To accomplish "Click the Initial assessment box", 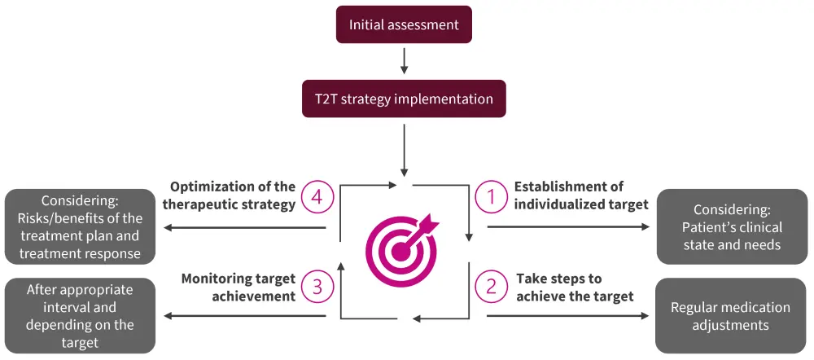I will [404, 24].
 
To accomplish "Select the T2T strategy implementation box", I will [404, 99].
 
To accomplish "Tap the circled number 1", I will [491, 196].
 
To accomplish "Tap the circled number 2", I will [491, 287].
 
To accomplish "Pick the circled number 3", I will [317, 287].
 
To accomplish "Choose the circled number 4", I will [317, 196].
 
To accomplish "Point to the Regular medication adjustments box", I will [730, 316].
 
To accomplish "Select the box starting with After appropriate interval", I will [80, 316].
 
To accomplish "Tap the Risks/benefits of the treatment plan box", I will [80, 227].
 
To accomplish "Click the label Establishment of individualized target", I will [580, 195].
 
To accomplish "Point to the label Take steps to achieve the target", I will [574, 288].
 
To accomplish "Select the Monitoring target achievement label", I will [238, 288].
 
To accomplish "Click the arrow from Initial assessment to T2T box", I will [404, 60].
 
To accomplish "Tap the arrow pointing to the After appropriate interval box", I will [244, 316].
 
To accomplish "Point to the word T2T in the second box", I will [329, 99].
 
